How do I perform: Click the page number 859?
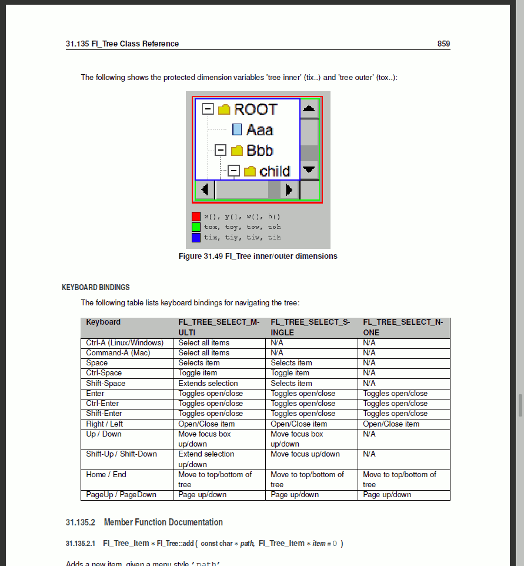pos(443,44)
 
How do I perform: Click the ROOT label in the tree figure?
pos(255,109)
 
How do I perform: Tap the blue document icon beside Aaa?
pos(237,130)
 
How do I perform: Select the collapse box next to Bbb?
pos(221,151)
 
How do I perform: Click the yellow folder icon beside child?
pos(250,171)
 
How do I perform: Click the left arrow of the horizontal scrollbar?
pos(204,190)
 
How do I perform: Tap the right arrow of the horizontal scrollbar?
pos(289,190)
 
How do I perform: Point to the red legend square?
pos(196,217)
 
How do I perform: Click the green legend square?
pos(196,227)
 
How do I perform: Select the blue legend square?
pos(196,238)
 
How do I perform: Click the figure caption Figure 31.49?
pos(258,257)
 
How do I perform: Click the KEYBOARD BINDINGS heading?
pos(96,288)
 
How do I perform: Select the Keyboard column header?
pos(103,322)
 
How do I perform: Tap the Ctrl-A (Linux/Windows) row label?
pos(125,343)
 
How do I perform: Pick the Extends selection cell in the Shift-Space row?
pos(208,384)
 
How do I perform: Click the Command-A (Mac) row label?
pos(118,353)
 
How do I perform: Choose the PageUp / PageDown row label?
pos(121,495)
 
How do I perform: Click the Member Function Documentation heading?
pos(163,522)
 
